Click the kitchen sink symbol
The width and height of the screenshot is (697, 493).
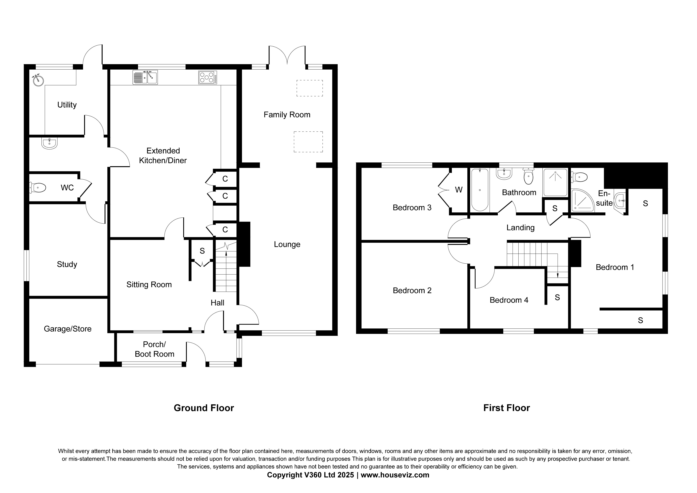(145, 77)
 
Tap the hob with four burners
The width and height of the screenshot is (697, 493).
(208, 77)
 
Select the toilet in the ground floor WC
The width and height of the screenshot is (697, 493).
(38, 188)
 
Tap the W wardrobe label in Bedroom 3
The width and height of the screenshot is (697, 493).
(459, 190)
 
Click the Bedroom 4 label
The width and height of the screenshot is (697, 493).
(509, 300)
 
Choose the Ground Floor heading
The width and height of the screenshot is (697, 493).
(204, 408)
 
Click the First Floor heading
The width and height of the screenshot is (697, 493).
(506, 408)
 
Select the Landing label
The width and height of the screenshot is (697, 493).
(520, 228)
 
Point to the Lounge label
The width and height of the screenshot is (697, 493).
(287, 244)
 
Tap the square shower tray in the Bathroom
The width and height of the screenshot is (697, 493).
(555, 182)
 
